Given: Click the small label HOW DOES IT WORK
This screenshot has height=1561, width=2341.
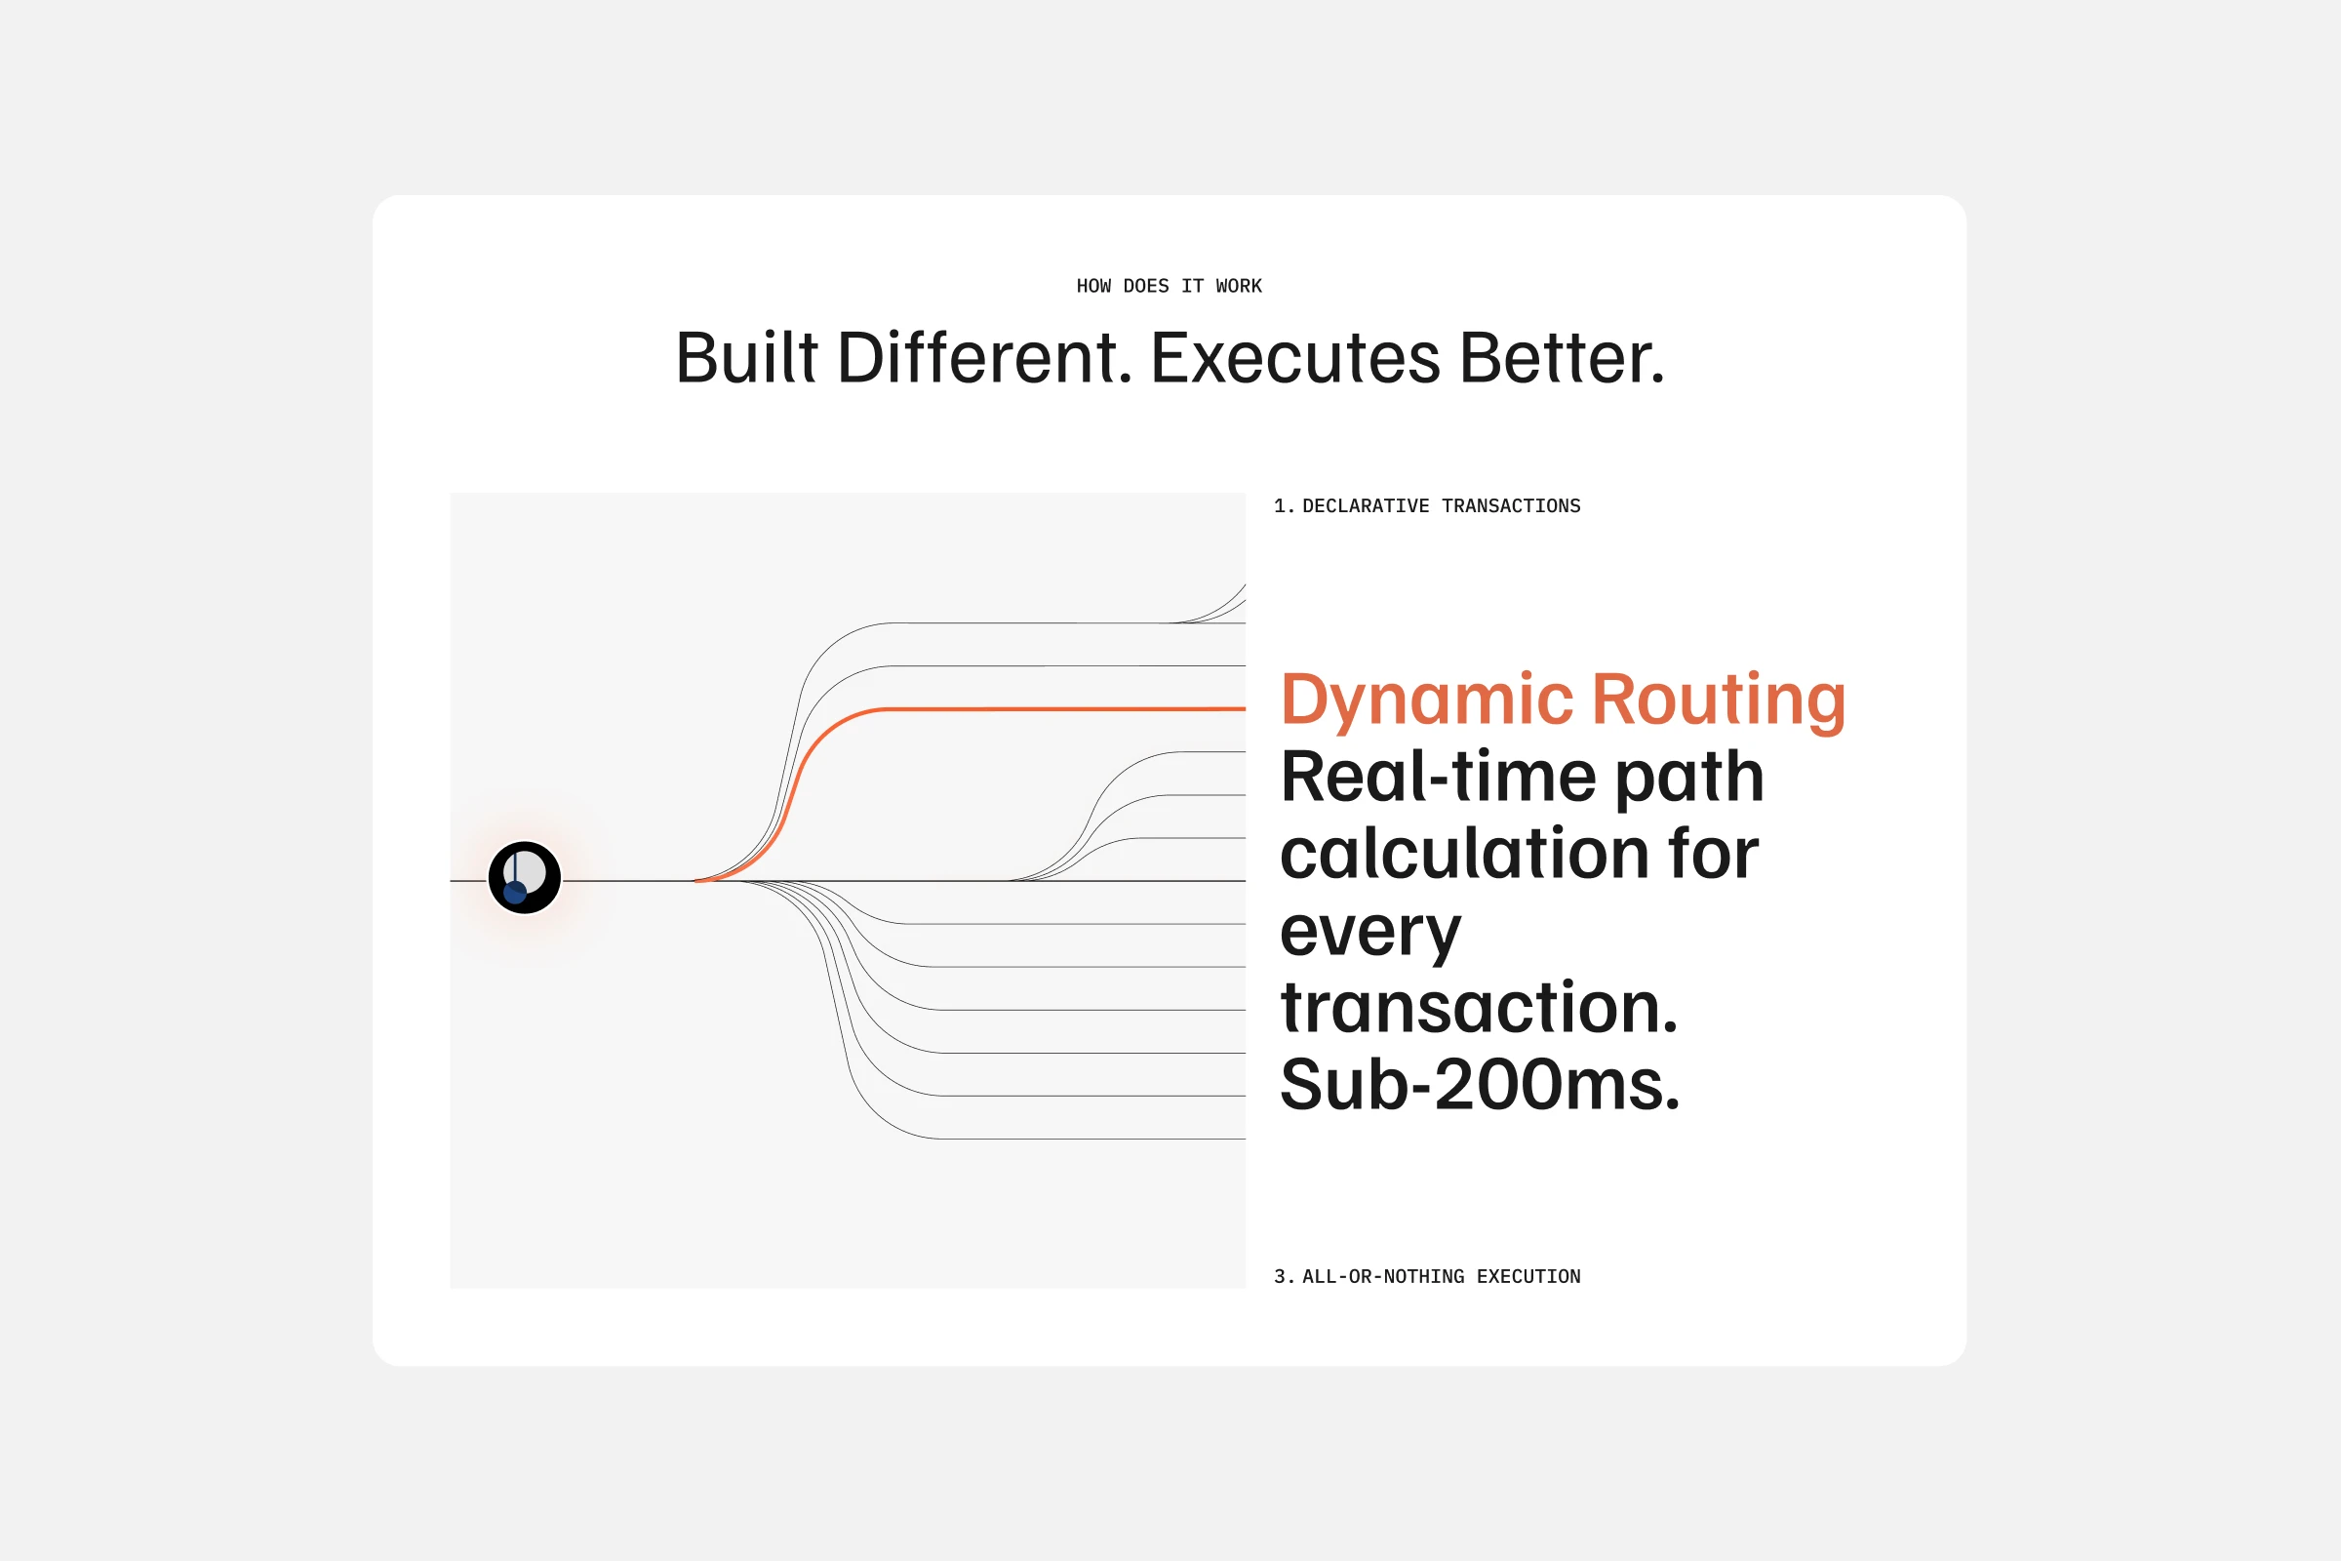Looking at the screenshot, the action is click(1169, 286).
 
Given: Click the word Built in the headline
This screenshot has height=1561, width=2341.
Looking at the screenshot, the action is click(746, 357).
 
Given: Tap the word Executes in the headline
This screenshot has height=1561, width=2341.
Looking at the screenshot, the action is click(1295, 357).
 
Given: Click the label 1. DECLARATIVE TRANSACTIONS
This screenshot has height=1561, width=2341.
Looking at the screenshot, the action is click(1427, 505).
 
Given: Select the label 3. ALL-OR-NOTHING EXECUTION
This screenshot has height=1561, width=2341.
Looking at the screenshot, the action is click(1427, 1276).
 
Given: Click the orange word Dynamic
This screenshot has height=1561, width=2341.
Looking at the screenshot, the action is click(1426, 701).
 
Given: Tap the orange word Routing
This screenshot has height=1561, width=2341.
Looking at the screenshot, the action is click(1719, 701).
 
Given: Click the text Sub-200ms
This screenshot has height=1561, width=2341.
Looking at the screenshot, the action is click(1480, 1084).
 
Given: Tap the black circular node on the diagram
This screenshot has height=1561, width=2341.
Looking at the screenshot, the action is click(525, 877).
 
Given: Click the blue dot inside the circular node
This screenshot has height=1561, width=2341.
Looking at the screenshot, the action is click(515, 892).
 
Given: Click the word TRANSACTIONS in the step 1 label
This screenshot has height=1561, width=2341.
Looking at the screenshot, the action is click(1511, 505).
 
